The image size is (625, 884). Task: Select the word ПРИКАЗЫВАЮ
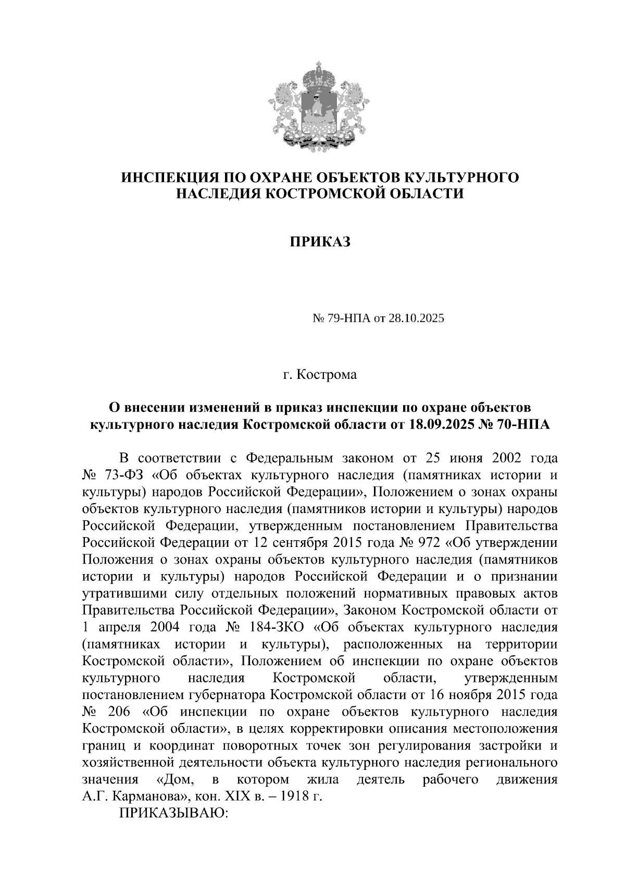(174, 813)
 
